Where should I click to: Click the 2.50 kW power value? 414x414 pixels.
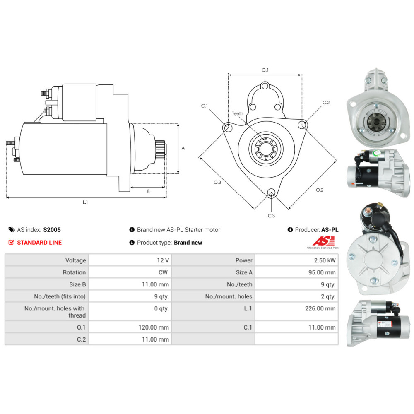[325, 260]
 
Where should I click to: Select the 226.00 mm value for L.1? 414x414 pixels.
[320, 308]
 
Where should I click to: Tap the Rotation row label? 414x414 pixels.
[74, 272]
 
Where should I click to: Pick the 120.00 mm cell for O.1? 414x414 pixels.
[154, 327]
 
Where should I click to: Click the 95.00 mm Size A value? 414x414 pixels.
[322, 272]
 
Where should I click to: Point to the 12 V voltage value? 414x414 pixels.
[163, 260]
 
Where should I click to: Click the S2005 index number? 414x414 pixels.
[52, 230]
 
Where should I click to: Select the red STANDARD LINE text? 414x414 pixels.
[39, 242]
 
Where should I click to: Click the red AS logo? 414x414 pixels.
[323, 241]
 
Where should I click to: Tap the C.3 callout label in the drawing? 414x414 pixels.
[271, 216]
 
